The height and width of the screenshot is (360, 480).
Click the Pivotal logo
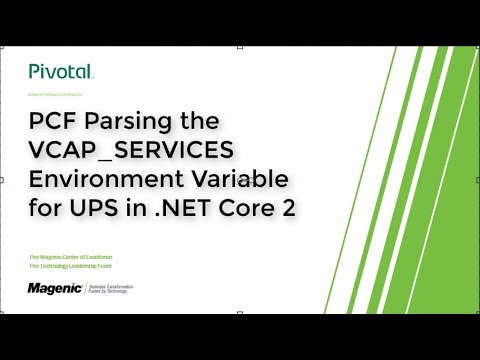pos(60,71)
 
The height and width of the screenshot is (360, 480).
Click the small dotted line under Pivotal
pos(60,94)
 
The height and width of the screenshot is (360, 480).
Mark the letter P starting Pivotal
pos(34,71)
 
